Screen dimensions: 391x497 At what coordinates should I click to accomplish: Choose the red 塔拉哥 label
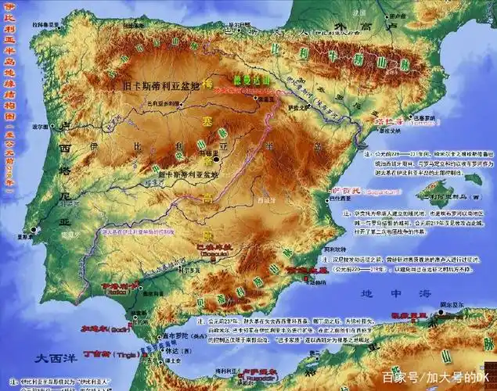pos(388,123)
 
